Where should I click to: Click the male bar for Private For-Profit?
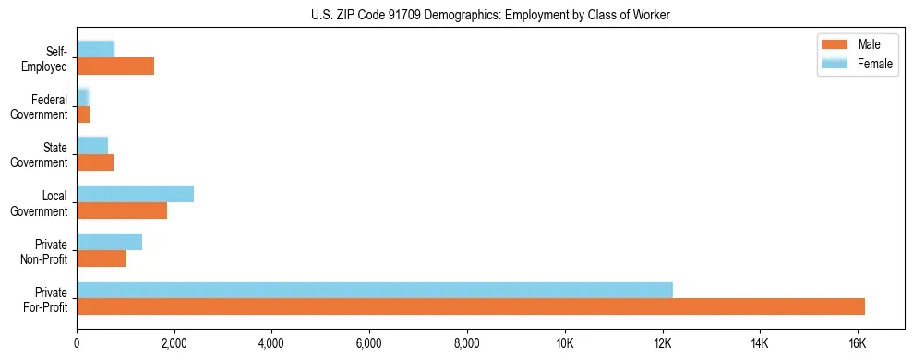[471, 306]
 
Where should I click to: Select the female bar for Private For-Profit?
[375, 289]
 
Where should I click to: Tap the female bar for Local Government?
[135, 193]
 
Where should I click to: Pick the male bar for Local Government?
[122, 210]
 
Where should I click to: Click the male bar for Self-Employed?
[115, 66]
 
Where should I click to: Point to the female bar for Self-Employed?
[95, 49]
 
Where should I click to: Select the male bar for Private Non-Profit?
[102, 258]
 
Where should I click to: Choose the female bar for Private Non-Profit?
[109, 242]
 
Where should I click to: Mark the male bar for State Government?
[95, 162]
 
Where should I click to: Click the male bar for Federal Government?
[83, 114]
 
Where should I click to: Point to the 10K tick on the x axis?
[565, 343]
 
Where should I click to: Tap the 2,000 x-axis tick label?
[174, 343]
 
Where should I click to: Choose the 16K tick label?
[857, 343]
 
